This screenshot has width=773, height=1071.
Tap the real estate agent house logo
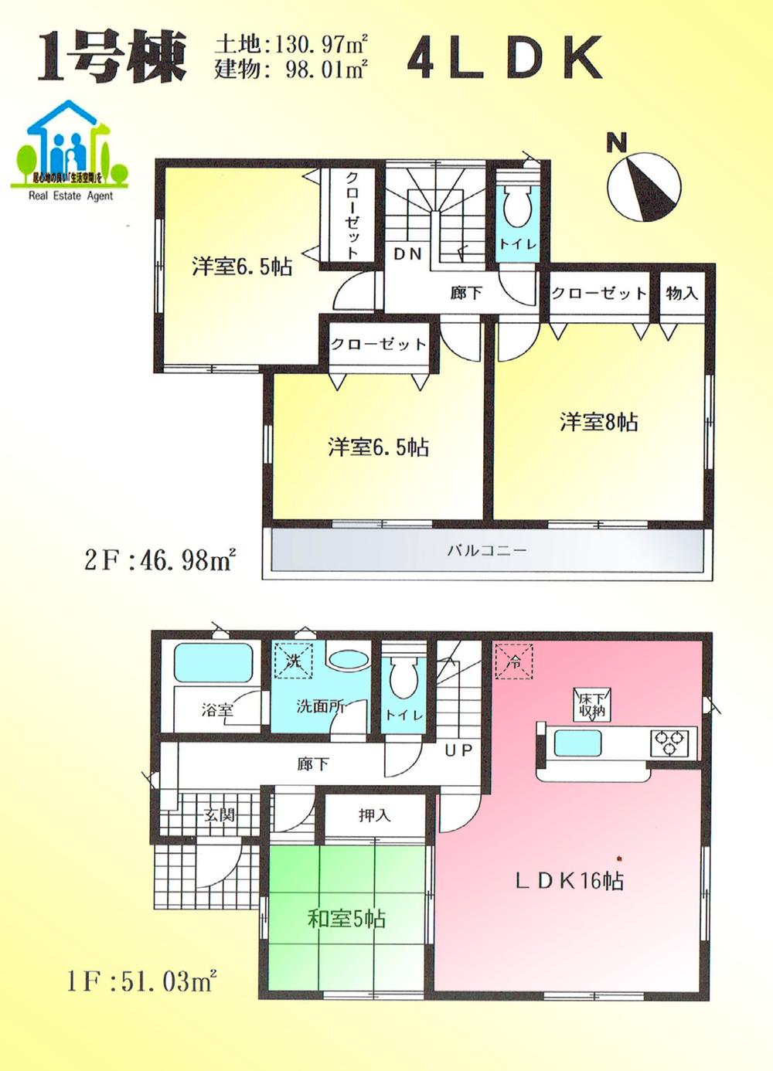pos(70,151)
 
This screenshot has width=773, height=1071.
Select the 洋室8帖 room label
pos(598,422)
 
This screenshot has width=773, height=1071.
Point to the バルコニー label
pos(486,551)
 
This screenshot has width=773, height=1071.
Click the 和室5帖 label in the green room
pos(346,919)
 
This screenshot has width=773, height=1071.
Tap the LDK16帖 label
pos(569,880)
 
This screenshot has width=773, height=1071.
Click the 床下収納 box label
pos(592,704)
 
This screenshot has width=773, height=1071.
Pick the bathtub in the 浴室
pos(213,662)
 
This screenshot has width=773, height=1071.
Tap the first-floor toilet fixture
pos(403,679)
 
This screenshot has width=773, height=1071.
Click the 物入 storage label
pos(682,293)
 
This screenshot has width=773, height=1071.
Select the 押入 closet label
pos(375,815)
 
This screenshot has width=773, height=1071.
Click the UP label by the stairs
pos(458,750)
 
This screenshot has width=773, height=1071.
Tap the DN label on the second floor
pos(407,253)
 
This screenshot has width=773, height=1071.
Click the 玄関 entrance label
pos(220,814)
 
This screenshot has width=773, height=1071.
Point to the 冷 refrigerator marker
pos(514,662)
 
